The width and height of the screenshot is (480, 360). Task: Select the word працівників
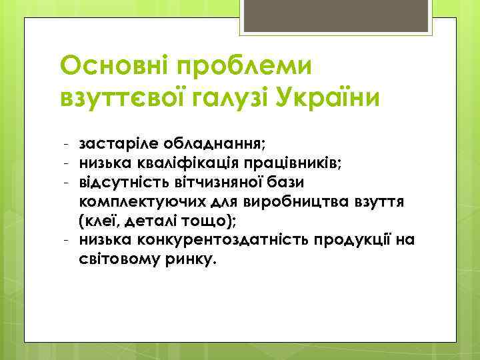coord(294,162)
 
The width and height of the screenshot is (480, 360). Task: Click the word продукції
coord(360,239)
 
